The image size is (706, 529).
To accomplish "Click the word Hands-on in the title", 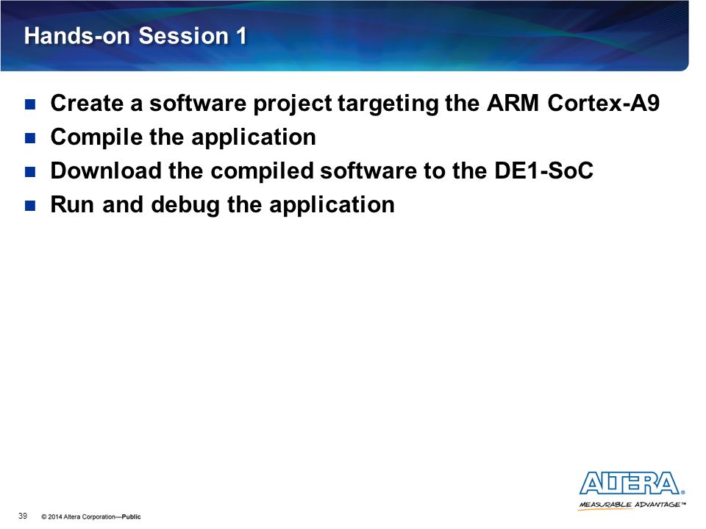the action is click(76, 35).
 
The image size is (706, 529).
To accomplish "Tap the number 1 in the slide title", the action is click(241, 35).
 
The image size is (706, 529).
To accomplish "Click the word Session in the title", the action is click(184, 35).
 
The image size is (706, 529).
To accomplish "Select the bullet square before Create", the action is click(30, 105).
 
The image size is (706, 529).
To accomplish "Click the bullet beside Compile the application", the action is click(30, 138).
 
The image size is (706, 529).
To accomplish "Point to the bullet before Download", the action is click(30, 172).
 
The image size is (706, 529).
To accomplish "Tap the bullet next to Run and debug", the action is click(30, 206).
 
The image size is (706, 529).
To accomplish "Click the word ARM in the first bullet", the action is click(513, 103).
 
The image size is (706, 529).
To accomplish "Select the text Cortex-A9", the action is click(603, 103).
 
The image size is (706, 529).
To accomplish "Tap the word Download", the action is click(106, 170).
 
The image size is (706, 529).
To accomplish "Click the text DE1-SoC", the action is click(543, 170).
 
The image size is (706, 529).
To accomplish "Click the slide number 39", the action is click(23, 516).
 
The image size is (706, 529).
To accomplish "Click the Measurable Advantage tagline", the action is click(632, 505).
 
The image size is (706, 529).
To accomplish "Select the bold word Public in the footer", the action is click(131, 517).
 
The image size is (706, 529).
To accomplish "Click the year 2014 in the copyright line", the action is click(55, 517).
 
